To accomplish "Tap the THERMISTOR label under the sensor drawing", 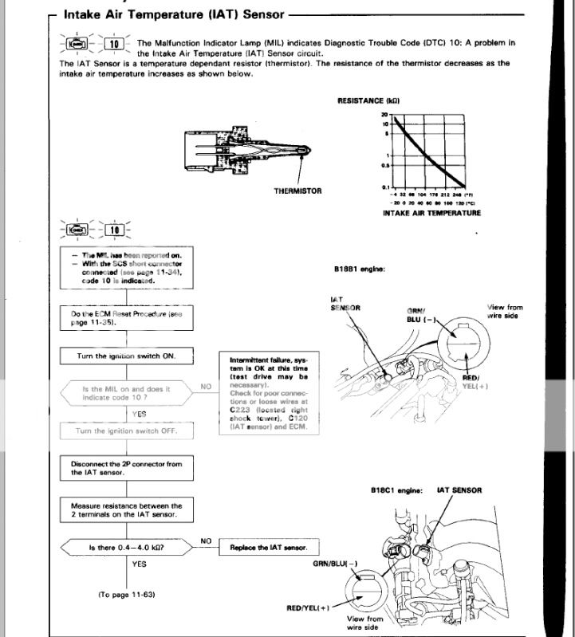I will tap(297, 191).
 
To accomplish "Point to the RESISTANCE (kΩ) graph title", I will tap(368, 101).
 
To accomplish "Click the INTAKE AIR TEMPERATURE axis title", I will tap(431, 213).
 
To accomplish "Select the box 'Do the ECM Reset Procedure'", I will tap(127, 318).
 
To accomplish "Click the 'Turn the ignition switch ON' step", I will tap(127, 356).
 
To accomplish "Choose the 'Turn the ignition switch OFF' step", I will tap(127, 431).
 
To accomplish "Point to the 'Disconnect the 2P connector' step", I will tap(127, 469).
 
